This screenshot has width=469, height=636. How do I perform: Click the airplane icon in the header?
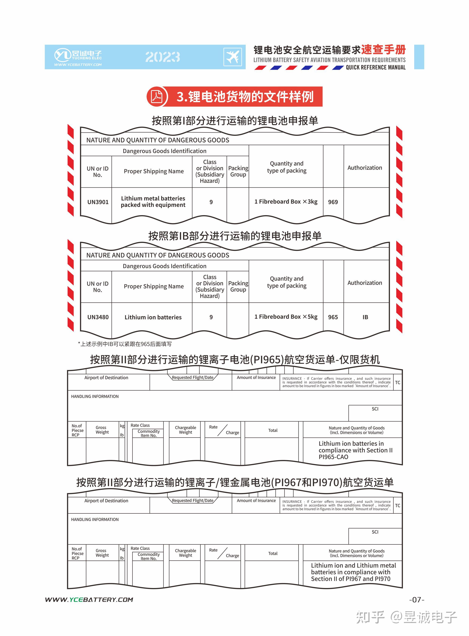[232, 57]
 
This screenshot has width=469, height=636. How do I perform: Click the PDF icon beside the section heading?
[156, 97]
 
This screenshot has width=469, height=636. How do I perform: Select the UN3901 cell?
[98, 202]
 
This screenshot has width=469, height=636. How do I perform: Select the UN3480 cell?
[98, 317]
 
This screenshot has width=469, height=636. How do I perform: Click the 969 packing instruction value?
[333, 202]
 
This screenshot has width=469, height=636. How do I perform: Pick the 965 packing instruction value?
[333, 317]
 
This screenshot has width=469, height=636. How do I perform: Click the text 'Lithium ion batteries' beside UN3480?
[153, 317]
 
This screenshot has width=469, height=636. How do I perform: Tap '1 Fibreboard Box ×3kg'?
[286, 202]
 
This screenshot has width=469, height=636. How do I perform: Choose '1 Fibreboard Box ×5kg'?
[286, 317]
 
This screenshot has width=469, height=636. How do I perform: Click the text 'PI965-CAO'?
[333, 457]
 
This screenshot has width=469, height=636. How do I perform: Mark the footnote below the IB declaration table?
[125, 344]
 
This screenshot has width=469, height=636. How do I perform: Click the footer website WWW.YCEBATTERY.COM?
[89, 600]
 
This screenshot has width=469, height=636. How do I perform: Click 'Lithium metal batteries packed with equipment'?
[153, 202]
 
